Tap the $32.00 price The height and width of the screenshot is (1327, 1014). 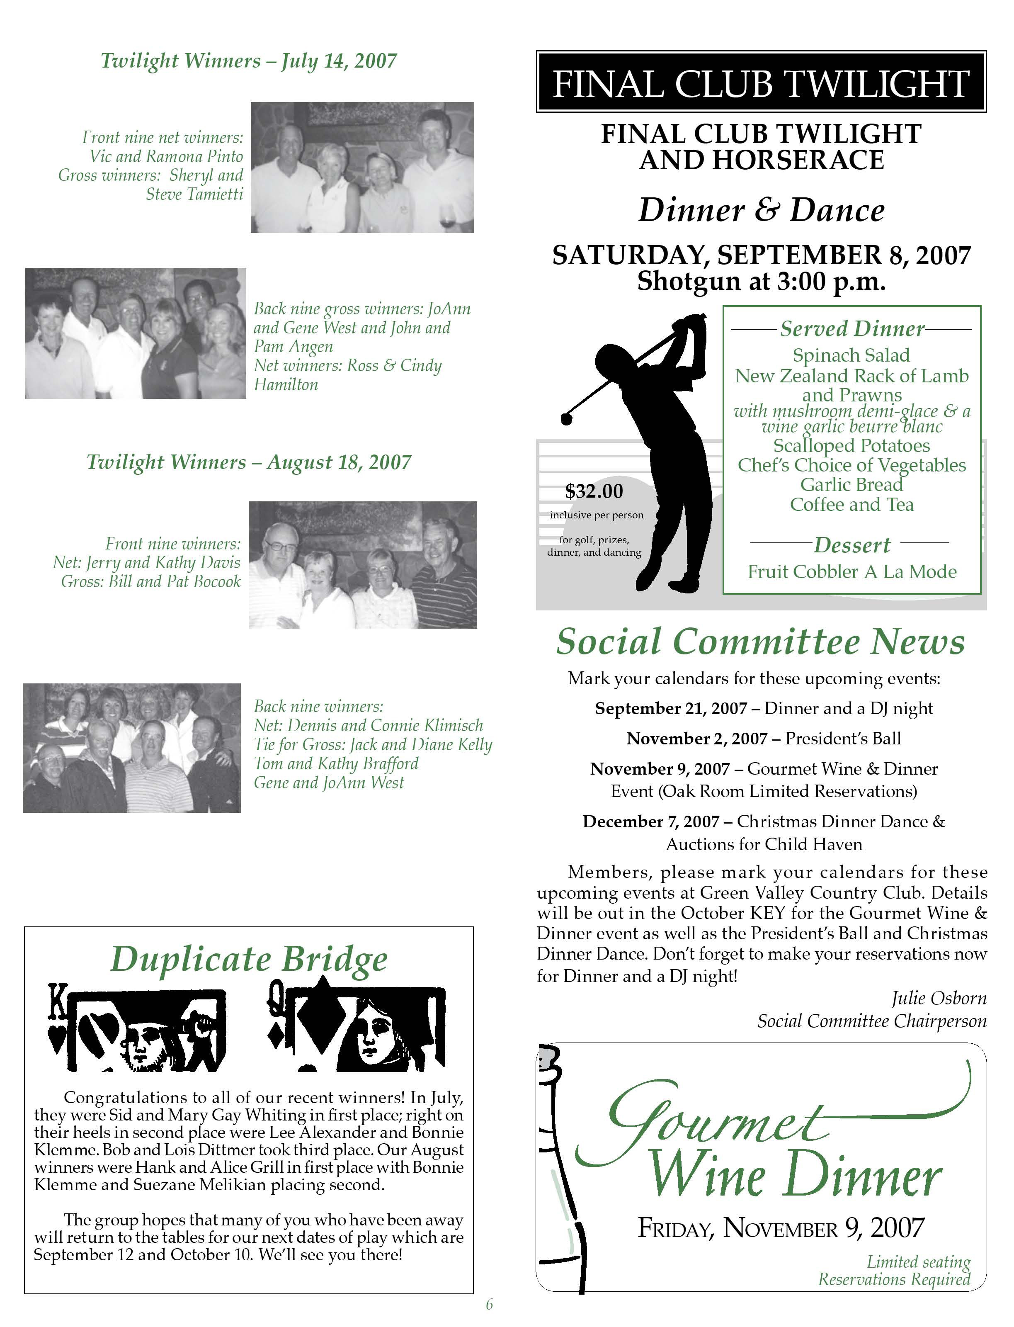click(594, 491)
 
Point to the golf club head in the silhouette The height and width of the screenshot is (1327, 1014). click(566, 418)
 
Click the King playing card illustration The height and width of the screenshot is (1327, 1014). click(136, 1029)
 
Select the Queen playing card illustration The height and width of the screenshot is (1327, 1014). click(356, 1029)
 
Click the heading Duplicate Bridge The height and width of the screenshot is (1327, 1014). click(249, 960)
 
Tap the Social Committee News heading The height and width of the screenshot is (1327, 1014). click(760, 642)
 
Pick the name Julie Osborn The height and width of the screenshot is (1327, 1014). click(939, 998)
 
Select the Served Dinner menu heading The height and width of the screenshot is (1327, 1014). click(851, 329)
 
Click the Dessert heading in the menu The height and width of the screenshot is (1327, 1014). click(851, 545)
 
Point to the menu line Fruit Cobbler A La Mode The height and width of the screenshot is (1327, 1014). click(851, 572)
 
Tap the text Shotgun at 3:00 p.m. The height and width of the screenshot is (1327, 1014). click(761, 281)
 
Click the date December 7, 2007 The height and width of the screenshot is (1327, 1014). click(651, 821)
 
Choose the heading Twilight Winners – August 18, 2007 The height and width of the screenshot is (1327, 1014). click(249, 462)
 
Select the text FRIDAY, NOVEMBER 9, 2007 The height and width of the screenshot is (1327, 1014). click(781, 1227)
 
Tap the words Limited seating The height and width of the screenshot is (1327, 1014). click(918, 1261)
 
